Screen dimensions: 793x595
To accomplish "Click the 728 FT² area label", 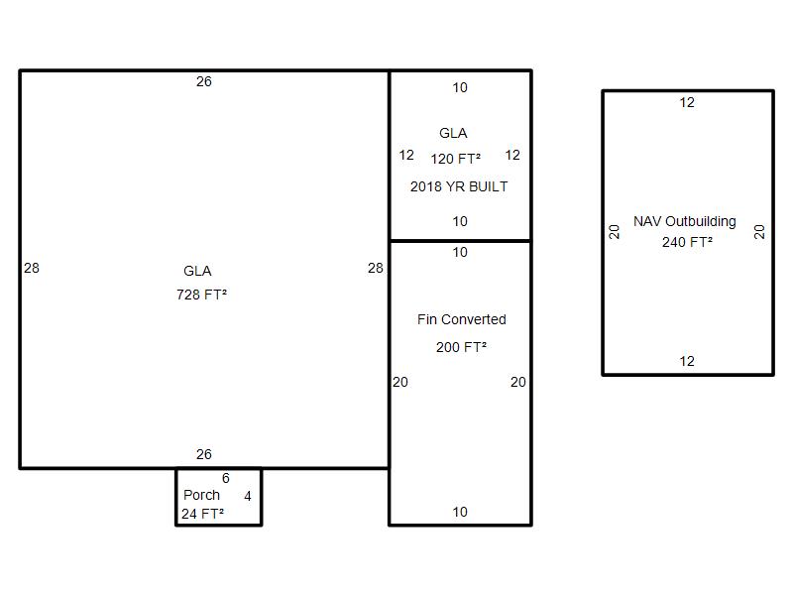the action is coord(201,294).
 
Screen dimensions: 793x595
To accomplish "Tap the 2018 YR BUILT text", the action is coord(459,186).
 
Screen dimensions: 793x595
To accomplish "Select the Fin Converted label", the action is coord(462,319).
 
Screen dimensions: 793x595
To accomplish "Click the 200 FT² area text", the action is coord(461,347).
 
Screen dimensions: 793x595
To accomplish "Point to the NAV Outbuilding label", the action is coord(685,221).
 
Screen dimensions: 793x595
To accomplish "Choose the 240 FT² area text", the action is coord(687,242).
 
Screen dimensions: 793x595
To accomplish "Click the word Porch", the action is coord(201,495).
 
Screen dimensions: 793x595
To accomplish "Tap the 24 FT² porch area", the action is coord(203,514).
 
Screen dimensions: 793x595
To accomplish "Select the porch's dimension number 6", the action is coord(226,478).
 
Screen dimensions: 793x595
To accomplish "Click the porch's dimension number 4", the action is coord(247,496).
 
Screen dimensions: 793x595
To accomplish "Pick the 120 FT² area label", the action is coord(456,159).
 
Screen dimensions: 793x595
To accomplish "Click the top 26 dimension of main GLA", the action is coord(204,81).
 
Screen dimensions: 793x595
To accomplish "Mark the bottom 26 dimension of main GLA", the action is coord(204,454).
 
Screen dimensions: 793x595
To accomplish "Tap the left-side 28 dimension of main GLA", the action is coord(32,268).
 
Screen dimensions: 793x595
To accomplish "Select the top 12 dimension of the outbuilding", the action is coord(687,102).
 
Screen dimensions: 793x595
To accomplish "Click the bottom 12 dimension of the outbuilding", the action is coord(687,361).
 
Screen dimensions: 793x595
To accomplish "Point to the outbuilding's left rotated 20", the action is coord(614,232).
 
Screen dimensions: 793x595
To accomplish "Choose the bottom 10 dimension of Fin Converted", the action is coord(460,512).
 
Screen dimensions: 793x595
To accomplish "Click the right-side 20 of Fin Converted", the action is coord(517,382).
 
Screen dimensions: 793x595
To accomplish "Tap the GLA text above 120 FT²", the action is coord(453,133).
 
